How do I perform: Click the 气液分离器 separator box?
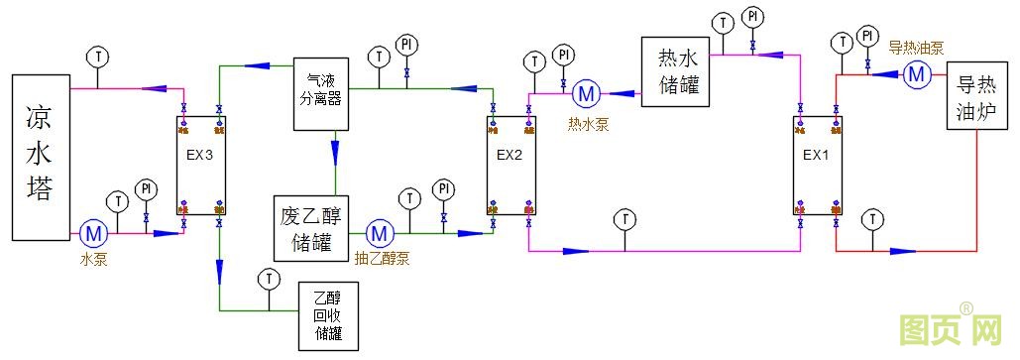click(x=320, y=93)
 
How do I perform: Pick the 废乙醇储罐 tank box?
click(x=311, y=228)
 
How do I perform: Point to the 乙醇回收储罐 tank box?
click(x=327, y=316)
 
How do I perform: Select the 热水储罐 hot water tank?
click(x=678, y=73)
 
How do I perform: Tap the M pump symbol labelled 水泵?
click(x=93, y=234)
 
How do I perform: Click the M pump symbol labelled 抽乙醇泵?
click(x=379, y=234)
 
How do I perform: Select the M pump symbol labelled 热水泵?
click(x=586, y=94)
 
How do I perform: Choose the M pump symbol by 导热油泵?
click(x=915, y=73)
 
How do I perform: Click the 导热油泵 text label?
click(x=914, y=47)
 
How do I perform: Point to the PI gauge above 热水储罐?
click(x=753, y=17)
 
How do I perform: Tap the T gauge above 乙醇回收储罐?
click(x=267, y=279)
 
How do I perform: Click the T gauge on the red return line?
click(x=872, y=218)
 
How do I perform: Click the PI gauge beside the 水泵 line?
click(x=146, y=188)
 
